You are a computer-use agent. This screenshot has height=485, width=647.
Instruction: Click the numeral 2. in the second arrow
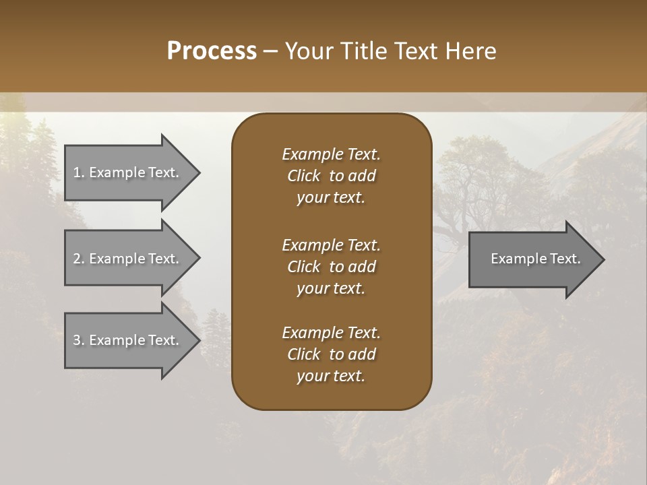(x=79, y=259)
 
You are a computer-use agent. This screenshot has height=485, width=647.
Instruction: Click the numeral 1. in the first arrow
(x=79, y=172)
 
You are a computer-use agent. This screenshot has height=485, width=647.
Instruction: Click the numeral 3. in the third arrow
(x=79, y=340)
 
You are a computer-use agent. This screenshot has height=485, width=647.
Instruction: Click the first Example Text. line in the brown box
(x=331, y=154)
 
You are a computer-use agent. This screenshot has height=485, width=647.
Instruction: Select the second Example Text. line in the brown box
(x=331, y=245)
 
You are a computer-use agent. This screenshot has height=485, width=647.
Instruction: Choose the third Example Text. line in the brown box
(x=331, y=333)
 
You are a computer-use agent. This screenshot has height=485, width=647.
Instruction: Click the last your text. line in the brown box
(x=331, y=377)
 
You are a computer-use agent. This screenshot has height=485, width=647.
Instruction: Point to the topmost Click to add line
(x=331, y=176)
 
